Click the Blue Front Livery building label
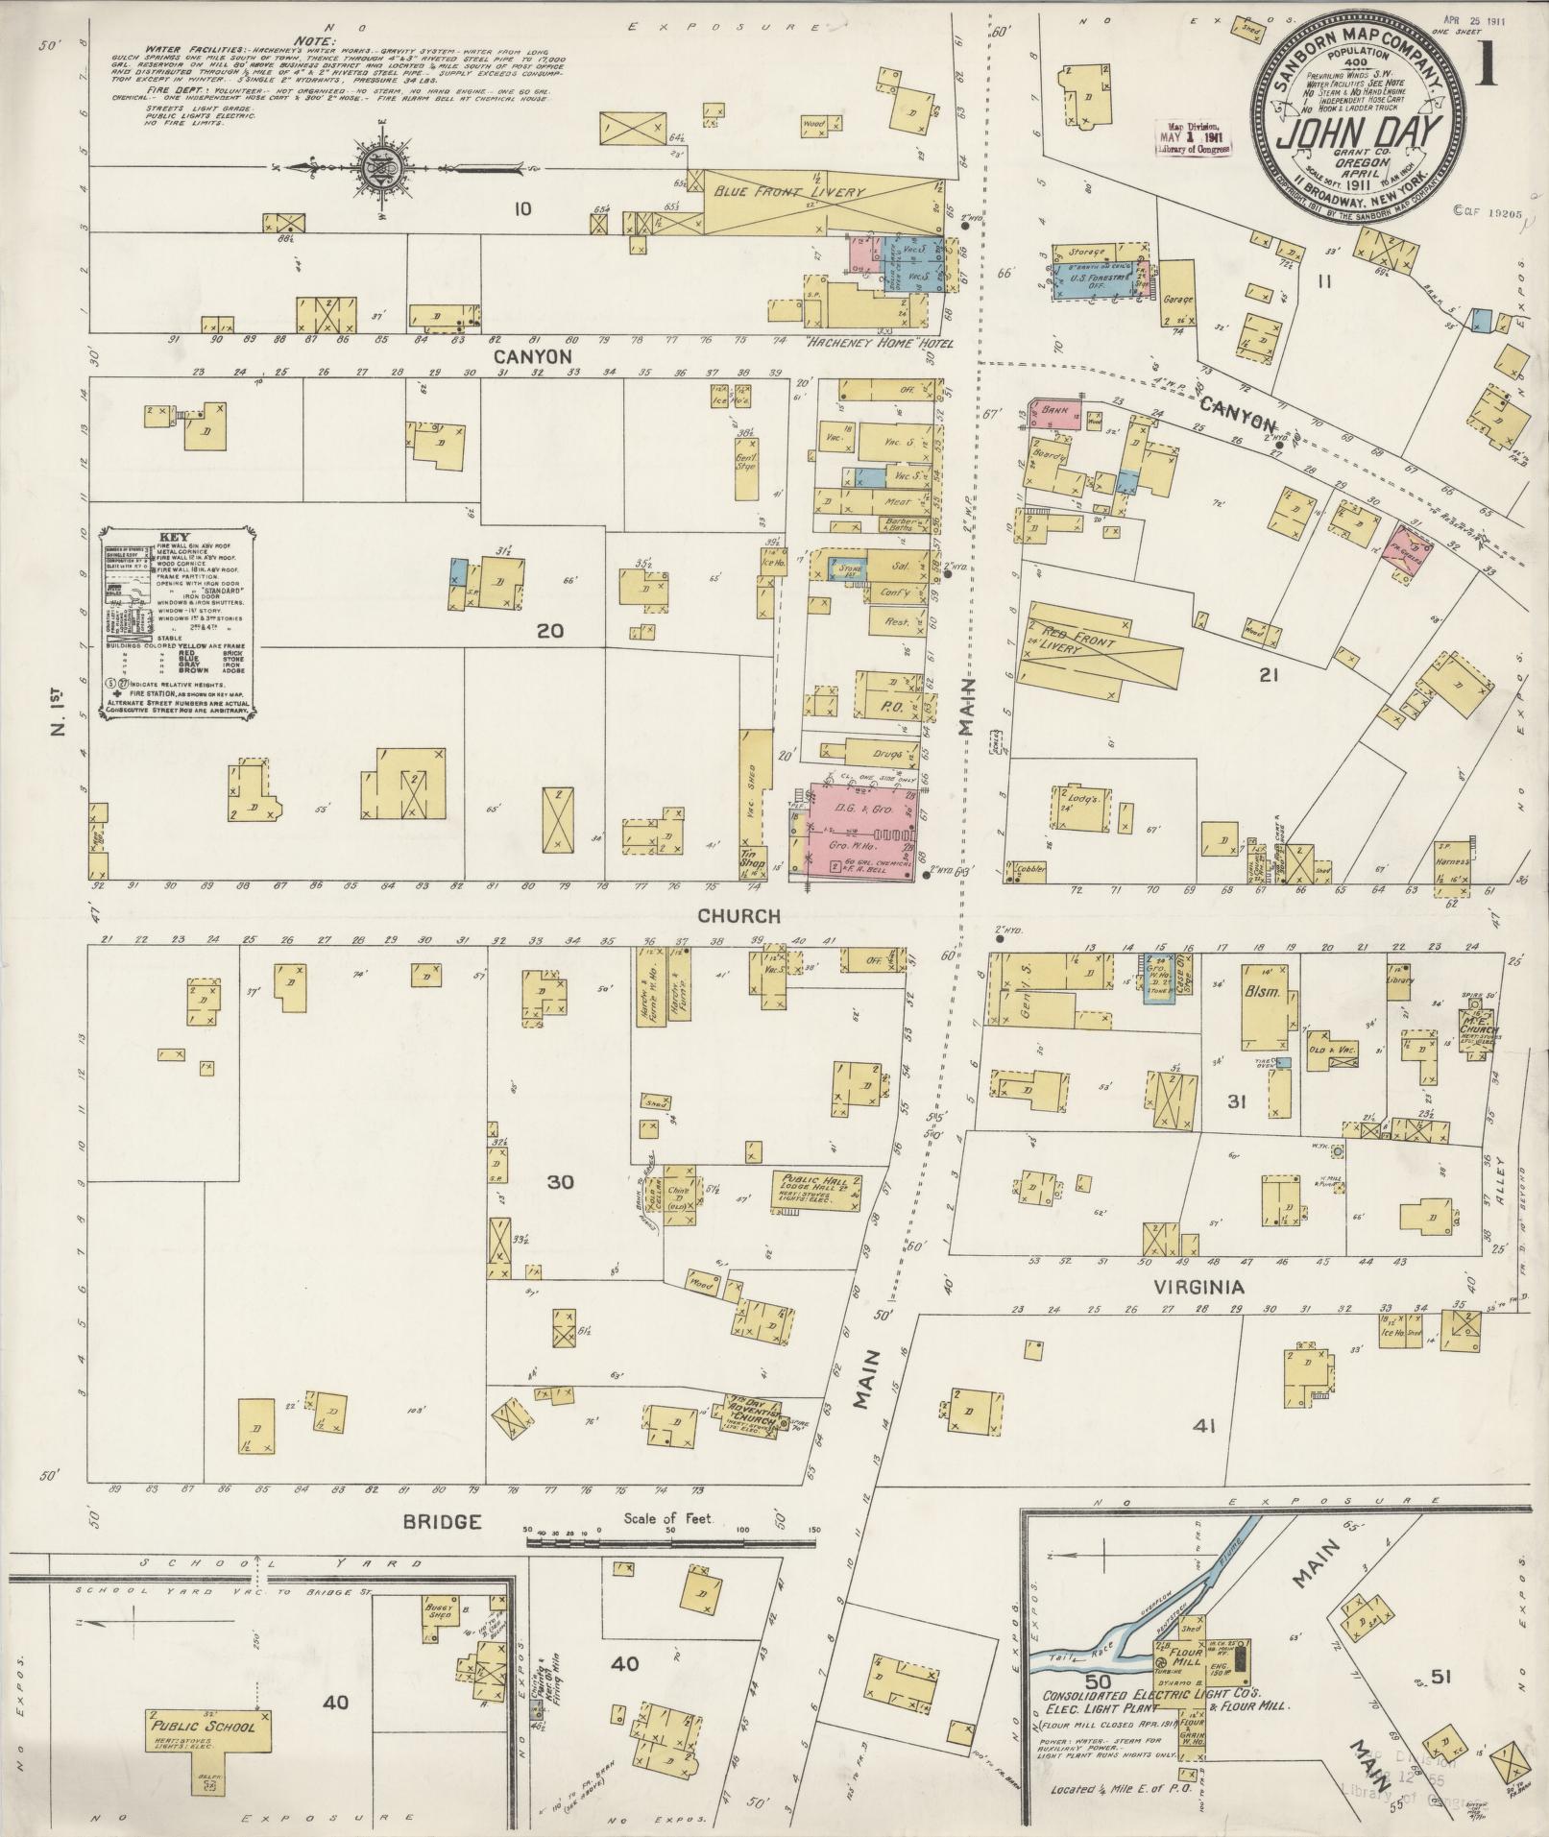[x=788, y=192]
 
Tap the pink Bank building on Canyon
[x=1054, y=415]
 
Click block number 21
[x=1269, y=675]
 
